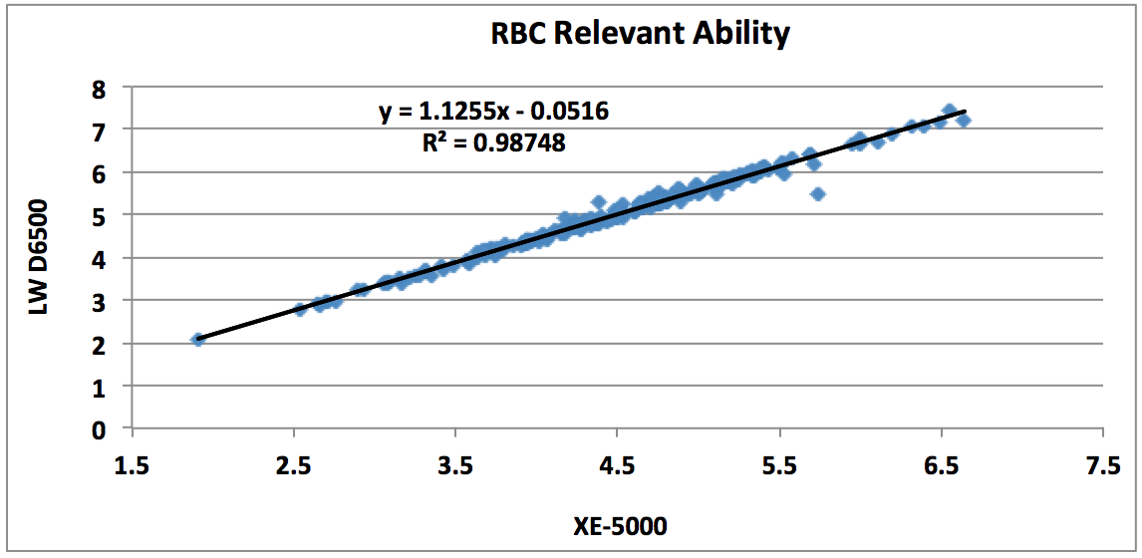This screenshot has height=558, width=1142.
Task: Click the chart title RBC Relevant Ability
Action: point(640,33)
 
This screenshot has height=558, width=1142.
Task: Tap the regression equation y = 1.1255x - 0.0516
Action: point(493,112)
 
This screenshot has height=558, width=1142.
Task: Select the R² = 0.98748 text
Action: point(494,142)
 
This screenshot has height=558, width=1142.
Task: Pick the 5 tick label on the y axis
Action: point(99,215)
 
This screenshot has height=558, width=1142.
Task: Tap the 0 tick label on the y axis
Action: point(99,429)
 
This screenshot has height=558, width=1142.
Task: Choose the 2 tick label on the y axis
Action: point(99,344)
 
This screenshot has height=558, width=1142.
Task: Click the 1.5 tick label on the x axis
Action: point(132,466)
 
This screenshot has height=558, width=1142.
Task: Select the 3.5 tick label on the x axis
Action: point(455,466)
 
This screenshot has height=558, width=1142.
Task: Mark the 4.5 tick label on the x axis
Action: point(617,466)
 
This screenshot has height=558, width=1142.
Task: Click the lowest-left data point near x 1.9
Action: point(197,340)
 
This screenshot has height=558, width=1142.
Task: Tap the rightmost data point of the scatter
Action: point(964,121)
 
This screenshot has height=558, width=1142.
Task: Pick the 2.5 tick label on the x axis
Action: point(293,466)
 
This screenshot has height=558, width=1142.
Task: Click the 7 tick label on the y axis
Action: point(99,130)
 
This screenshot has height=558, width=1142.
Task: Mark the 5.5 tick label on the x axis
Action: point(779,466)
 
